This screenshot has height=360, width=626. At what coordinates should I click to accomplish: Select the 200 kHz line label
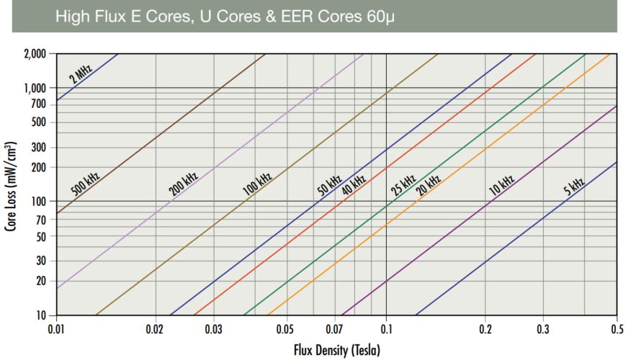184,185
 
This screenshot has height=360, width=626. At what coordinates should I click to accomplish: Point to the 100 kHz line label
257,185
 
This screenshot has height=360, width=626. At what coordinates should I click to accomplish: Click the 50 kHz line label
329,185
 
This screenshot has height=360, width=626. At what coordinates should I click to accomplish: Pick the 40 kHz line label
354,185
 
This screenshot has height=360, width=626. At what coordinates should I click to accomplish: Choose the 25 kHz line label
403,185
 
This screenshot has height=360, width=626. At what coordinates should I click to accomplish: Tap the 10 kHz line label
501,185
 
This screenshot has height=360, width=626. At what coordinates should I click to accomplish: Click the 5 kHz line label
573,185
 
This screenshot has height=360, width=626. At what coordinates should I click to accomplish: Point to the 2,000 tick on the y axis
35,54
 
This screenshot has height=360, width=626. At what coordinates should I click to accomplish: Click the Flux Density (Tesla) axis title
336,351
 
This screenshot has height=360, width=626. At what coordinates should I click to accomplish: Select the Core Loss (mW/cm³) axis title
12,186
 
